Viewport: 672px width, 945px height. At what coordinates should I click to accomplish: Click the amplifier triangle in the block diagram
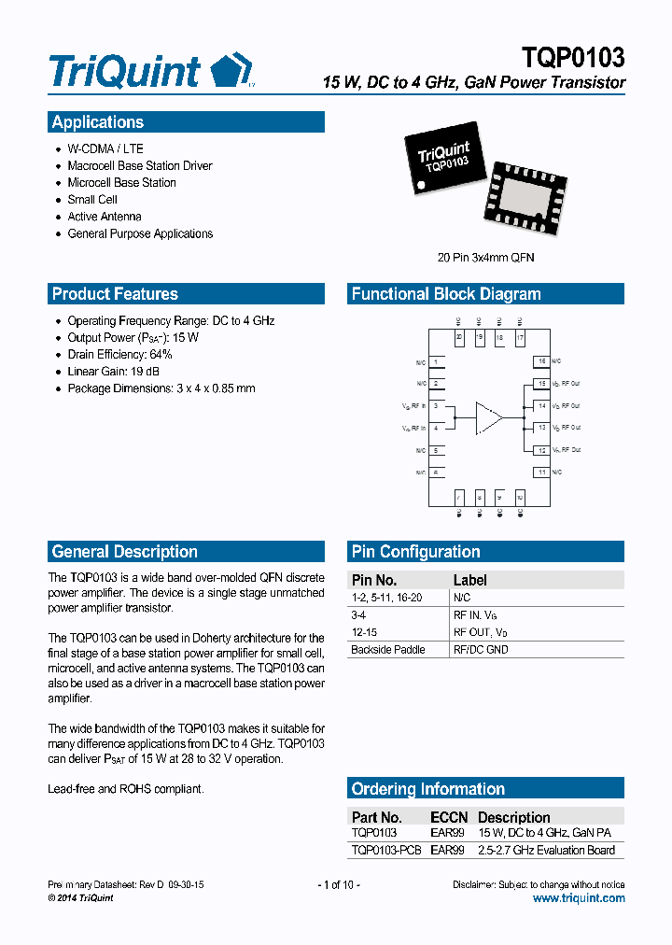click(487, 417)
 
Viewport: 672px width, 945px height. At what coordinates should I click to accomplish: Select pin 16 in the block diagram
click(540, 361)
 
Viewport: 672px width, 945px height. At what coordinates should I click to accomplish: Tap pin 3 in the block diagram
click(436, 406)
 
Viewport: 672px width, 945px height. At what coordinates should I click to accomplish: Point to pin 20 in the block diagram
click(459, 337)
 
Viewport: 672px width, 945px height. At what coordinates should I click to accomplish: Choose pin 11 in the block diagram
click(540, 472)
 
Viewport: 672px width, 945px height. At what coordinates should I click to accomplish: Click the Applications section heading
click(98, 122)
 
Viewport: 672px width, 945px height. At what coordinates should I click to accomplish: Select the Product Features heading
click(115, 294)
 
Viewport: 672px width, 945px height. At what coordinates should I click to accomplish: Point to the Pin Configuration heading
click(415, 552)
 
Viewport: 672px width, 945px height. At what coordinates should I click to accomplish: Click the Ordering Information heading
click(427, 789)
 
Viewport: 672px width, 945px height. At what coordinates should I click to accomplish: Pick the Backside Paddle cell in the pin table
click(388, 650)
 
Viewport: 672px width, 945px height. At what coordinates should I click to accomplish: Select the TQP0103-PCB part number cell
click(386, 851)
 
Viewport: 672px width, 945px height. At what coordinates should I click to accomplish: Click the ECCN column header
click(449, 817)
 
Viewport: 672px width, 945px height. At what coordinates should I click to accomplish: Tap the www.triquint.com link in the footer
click(579, 898)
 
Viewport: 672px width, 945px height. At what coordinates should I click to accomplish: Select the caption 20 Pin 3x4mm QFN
click(486, 257)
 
